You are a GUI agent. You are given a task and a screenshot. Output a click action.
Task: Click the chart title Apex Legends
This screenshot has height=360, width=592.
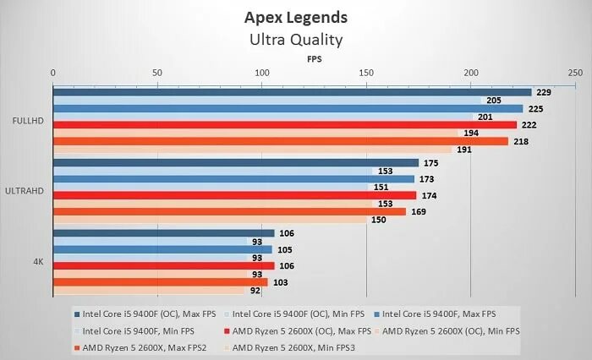point(295,17)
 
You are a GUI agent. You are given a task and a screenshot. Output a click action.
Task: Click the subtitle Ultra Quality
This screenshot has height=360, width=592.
point(295,39)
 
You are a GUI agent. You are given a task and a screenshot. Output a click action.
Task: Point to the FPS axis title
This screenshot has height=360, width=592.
point(314,59)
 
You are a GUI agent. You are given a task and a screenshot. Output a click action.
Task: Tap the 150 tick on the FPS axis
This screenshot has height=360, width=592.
point(365,74)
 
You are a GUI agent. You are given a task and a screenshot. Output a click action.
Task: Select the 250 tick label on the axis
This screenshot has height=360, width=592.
point(574,74)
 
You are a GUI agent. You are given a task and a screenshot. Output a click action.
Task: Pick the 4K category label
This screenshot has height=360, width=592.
point(38,261)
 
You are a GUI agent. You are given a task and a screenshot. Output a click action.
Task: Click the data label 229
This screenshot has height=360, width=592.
point(545,92)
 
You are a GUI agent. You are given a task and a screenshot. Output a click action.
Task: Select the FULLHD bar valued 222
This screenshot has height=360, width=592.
point(284,125)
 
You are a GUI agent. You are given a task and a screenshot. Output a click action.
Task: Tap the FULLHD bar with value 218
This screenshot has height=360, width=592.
point(280,141)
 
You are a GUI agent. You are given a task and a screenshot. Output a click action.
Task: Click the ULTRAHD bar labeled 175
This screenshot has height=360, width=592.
point(236,163)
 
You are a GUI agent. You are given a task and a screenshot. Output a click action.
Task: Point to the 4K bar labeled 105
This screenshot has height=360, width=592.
point(163,249)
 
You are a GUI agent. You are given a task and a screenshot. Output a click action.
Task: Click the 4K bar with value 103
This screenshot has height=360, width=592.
point(161,282)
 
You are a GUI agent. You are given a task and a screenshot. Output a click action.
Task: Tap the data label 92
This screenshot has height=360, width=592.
point(255,291)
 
